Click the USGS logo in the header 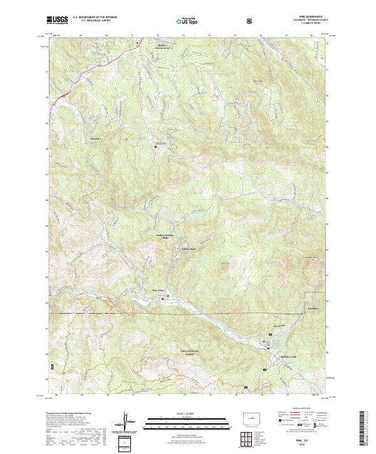58,20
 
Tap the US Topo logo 189,21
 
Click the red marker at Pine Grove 164,297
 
